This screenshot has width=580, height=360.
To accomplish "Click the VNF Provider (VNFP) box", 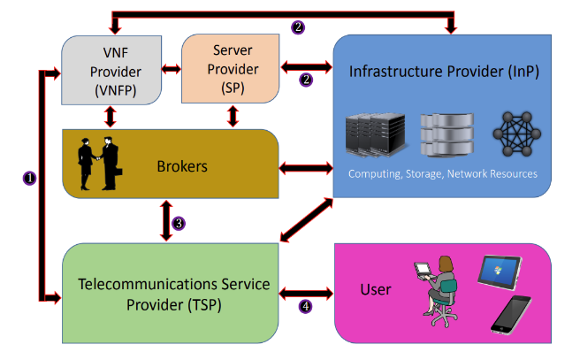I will click(x=111, y=68).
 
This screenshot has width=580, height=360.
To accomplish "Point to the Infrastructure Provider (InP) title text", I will click(x=444, y=70).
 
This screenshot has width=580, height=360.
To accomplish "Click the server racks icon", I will click(x=372, y=132).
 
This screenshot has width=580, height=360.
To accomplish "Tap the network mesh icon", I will click(x=514, y=132).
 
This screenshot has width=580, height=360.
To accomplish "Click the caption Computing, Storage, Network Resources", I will click(x=443, y=173).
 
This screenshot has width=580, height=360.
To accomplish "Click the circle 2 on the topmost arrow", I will click(x=298, y=27).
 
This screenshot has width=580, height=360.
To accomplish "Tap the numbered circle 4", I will click(x=305, y=307).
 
